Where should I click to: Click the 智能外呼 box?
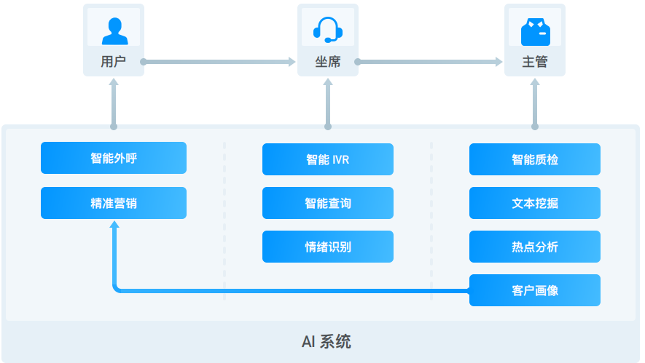(113, 158)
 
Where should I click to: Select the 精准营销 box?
(113, 203)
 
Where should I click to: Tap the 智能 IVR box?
(327, 159)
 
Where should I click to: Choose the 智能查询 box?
(327, 203)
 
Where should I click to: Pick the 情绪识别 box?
(327, 247)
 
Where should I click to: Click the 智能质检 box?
(534, 159)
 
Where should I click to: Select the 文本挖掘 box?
(534, 203)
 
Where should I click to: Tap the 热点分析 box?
(534, 247)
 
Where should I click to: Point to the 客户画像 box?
(534, 290)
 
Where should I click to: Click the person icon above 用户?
(114, 30)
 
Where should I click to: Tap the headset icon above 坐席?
(327, 30)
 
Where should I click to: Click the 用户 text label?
(114, 62)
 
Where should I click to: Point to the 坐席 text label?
(327, 62)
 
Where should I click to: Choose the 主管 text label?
(534, 62)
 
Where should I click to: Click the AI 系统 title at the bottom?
(326, 341)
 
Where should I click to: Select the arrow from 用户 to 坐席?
(219, 62)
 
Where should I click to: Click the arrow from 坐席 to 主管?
(430, 62)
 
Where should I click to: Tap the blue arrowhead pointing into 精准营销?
(114, 225)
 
